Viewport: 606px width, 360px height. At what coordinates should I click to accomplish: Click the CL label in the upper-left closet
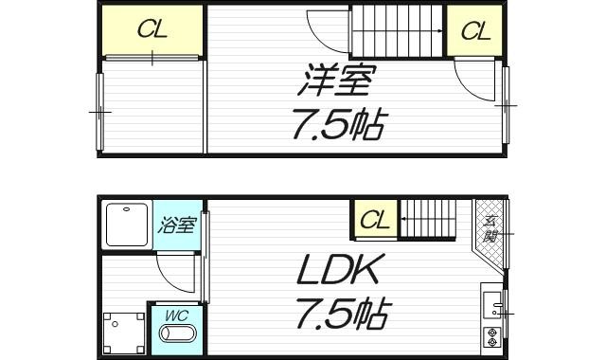151,29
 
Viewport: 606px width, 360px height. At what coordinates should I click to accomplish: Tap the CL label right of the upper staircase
475,31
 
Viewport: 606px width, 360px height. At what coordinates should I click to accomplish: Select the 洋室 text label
332,80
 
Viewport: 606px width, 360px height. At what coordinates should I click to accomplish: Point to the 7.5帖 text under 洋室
338,125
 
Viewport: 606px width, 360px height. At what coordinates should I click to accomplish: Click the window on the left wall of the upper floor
99,111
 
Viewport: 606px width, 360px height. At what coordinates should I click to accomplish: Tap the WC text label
176,314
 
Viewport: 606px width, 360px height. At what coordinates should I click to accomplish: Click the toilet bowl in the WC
176,335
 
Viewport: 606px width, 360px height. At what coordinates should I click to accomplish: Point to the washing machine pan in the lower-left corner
121,333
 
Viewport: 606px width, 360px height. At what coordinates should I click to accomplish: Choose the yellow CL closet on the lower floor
375,222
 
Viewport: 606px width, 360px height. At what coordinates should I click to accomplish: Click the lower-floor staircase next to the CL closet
433,220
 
